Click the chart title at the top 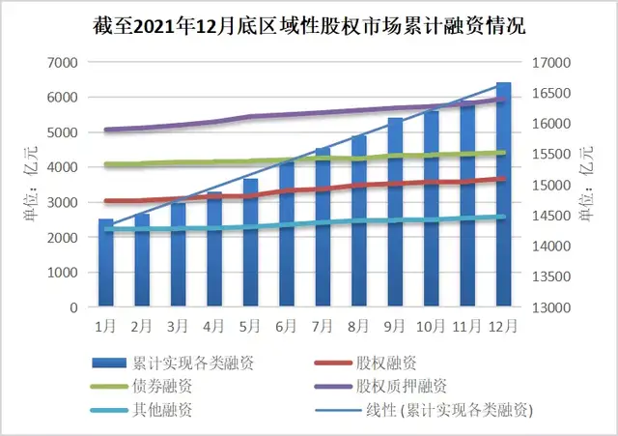[x=309, y=25]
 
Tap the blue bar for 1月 [x=106, y=263]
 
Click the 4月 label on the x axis [x=214, y=326]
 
